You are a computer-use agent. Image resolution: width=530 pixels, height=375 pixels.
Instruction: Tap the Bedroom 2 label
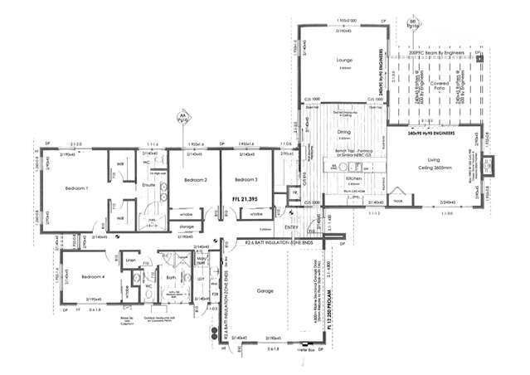tap(196, 180)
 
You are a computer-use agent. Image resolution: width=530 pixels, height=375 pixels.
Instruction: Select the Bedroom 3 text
tap(246, 180)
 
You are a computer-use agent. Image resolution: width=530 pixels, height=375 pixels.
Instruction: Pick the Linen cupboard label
tap(130, 261)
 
